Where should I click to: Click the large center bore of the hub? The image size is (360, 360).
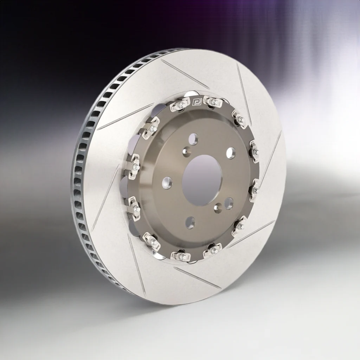[201, 180]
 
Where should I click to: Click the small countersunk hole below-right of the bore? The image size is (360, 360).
[218, 207]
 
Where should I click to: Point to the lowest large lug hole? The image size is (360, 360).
[190, 222]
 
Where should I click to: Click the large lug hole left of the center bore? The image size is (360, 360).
[167, 182]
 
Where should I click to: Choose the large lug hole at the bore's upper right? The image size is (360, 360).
[231, 153]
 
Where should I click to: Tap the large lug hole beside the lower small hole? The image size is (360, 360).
[229, 203]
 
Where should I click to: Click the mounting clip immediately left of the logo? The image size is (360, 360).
[180, 105]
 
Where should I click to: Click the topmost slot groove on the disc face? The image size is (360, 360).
[185, 74]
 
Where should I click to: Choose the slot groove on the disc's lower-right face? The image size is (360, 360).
[251, 234]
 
